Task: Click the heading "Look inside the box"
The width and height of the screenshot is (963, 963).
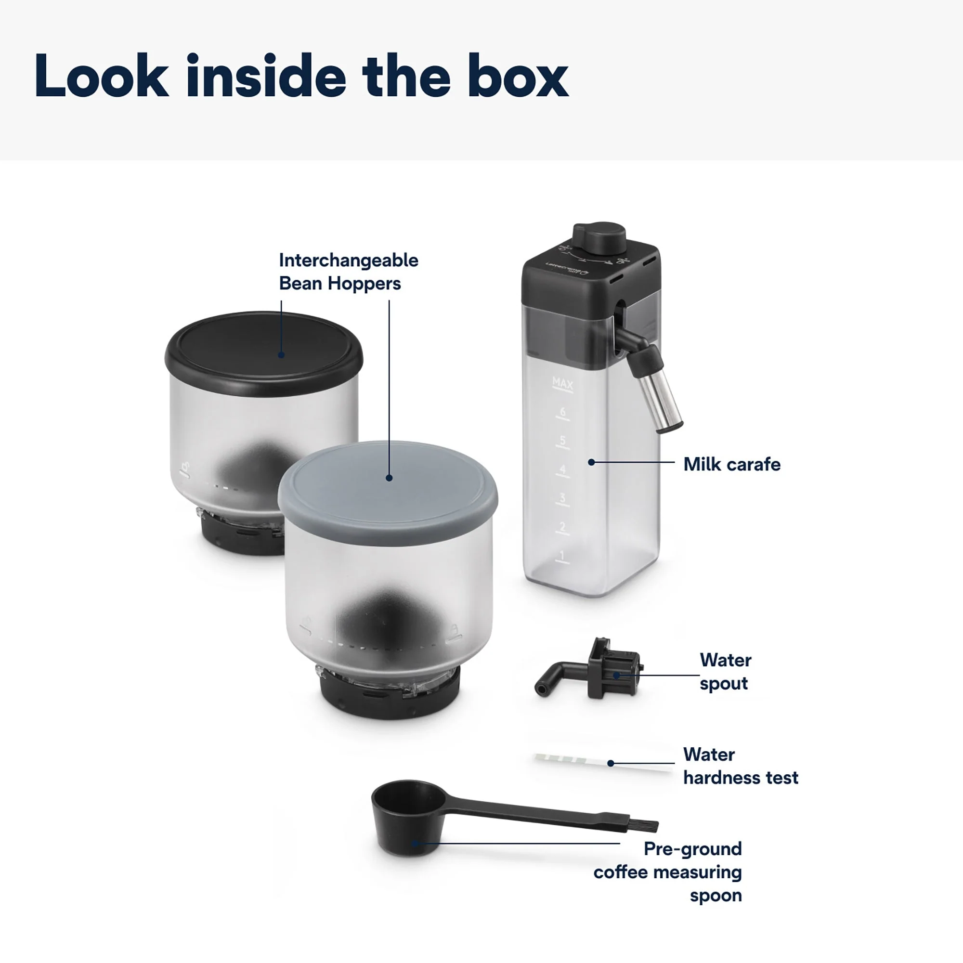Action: click(x=301, y=76)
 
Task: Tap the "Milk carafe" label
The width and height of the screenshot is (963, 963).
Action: click(x=731, y=465)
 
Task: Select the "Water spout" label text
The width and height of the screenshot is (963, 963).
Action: click(x=725, y=671)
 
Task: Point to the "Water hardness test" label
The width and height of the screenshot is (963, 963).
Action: click(x=740, y=766)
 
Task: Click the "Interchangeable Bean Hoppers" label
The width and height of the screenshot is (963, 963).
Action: click(x=348, y=272)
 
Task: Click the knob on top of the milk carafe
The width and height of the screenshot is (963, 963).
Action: click(x=599, y=236)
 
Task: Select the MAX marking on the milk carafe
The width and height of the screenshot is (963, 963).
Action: click(x=563, y=383)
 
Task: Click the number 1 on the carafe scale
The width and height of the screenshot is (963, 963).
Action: click(x=562, y=555)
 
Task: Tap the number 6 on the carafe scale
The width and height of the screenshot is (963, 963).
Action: click(x=563, y=412)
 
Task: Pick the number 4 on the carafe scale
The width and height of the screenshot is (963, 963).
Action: click(x=563, y=469)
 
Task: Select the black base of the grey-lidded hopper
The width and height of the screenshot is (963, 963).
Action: click(x=389, y=698)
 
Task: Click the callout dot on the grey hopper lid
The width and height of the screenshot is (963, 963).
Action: click(x=389, y=478)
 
